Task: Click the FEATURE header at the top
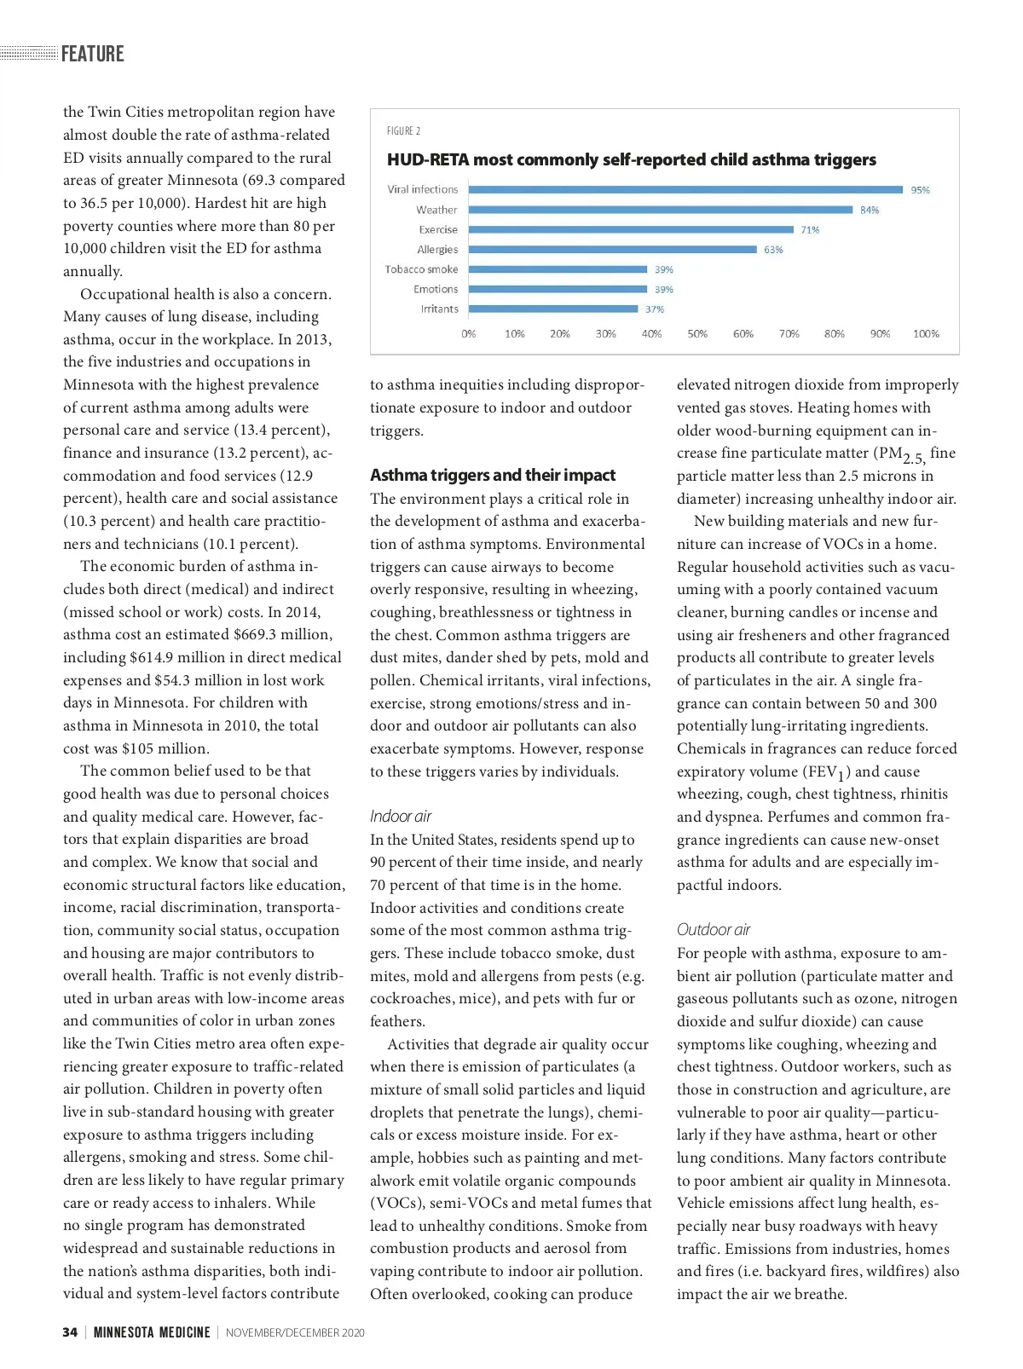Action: click(92, 54)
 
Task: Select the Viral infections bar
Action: click(685, 189)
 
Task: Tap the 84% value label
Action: click(869, 210)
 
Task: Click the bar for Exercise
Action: click(631, 229)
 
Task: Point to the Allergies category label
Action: click(437, 250)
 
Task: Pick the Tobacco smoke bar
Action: click(558, 269)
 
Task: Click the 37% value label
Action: click(654, 309)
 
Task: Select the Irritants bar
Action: click(553, 309)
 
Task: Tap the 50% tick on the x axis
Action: click(696, 334)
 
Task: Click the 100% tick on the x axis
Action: click(925, 334)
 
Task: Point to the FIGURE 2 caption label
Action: click(403, 131)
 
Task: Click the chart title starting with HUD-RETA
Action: click(631, 159)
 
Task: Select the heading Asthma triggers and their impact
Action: click(492, 475)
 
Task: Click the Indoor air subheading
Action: click(400, 816)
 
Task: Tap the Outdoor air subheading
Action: click(713, 929)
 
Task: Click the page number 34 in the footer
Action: click(70, 1332)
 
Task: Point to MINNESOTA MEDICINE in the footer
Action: click(152, 1332)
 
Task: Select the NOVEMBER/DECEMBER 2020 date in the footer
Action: click(295, 1332)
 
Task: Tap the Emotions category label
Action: click(436, 290)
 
